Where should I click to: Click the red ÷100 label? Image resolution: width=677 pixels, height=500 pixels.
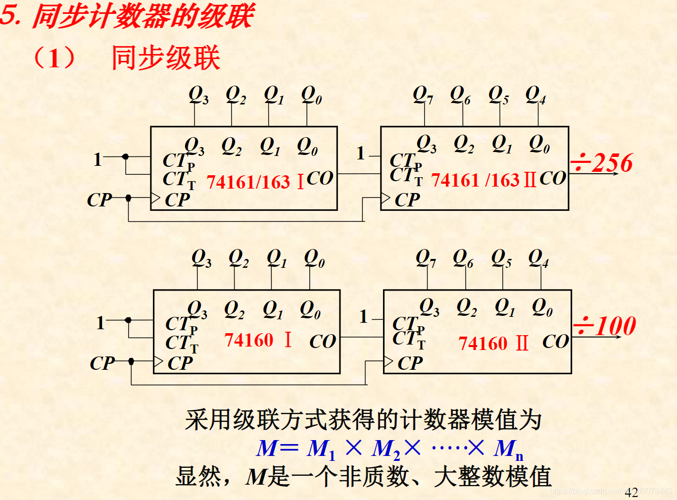coord(605,326)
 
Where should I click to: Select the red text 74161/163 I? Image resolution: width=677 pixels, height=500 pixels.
coord(255,182)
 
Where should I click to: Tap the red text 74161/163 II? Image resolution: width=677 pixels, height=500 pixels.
coord(484,180)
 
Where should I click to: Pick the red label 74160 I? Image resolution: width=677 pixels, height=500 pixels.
coord(258,340)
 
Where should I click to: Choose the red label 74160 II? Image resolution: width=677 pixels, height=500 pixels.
coord(493,343)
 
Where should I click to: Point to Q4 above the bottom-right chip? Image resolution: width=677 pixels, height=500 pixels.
coord(538,258)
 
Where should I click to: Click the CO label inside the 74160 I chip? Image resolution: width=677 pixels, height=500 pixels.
coord(323,341)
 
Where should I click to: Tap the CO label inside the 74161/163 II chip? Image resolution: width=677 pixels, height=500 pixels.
coord(552,178)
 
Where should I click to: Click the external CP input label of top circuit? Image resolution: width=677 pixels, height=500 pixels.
coord(99,200)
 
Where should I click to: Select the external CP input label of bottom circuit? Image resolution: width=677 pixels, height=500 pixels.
coord(102,363)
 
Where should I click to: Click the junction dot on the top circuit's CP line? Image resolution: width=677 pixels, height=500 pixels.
coord(129,198)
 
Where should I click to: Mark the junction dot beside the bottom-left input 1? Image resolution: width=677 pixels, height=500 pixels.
coord(128,320)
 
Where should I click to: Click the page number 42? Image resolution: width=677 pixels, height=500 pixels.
coord(631,492)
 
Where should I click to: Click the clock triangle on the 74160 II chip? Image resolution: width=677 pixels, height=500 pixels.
coord(388,362)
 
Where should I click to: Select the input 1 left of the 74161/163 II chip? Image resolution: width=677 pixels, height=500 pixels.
coord(361,153)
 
